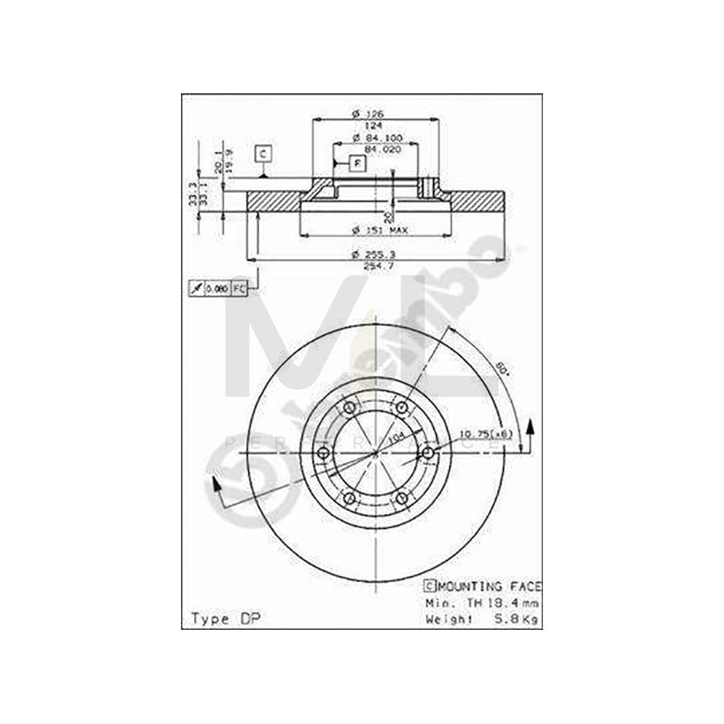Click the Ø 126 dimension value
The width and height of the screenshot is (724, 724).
pos(372,114)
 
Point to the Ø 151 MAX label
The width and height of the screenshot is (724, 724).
pos(381,231)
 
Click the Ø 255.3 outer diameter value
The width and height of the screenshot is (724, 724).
pos(374,255)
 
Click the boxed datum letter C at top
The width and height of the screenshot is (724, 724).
pos(263,152)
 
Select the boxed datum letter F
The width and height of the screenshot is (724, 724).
pos(357,162)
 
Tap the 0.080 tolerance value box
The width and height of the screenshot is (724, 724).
pos(216,287)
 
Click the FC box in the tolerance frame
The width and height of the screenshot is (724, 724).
pos(240,287)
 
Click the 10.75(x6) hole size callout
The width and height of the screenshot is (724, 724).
pos(485,435)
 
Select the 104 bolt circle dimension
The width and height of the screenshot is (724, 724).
pos(397,440)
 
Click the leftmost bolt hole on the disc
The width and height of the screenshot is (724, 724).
pos(324,455)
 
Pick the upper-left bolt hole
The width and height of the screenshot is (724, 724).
pos(350,409)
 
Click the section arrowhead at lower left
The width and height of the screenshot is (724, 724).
pos(215,483)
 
